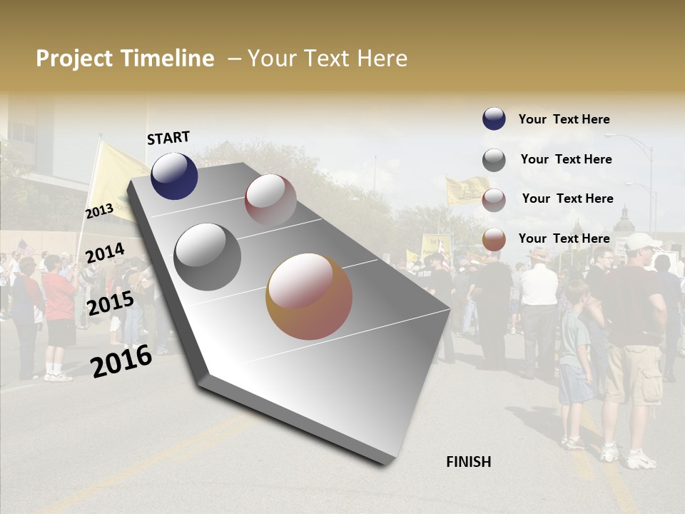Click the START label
[168, 138]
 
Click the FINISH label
[468, 462]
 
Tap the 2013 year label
[99, 211]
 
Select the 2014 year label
[105, 253]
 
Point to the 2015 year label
[110, 303]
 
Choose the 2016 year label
[121, 361]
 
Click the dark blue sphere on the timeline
[174, 176]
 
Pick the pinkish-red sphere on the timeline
[270, 200]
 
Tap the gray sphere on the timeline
[208, 256]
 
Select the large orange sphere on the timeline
[309, 296]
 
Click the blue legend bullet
[494, 119]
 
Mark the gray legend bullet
[494, 160]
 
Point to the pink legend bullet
[494, 200]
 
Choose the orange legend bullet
[494, 239]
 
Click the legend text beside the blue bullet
[564, 119]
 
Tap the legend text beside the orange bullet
[564, 238]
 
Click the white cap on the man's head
[641, 241]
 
